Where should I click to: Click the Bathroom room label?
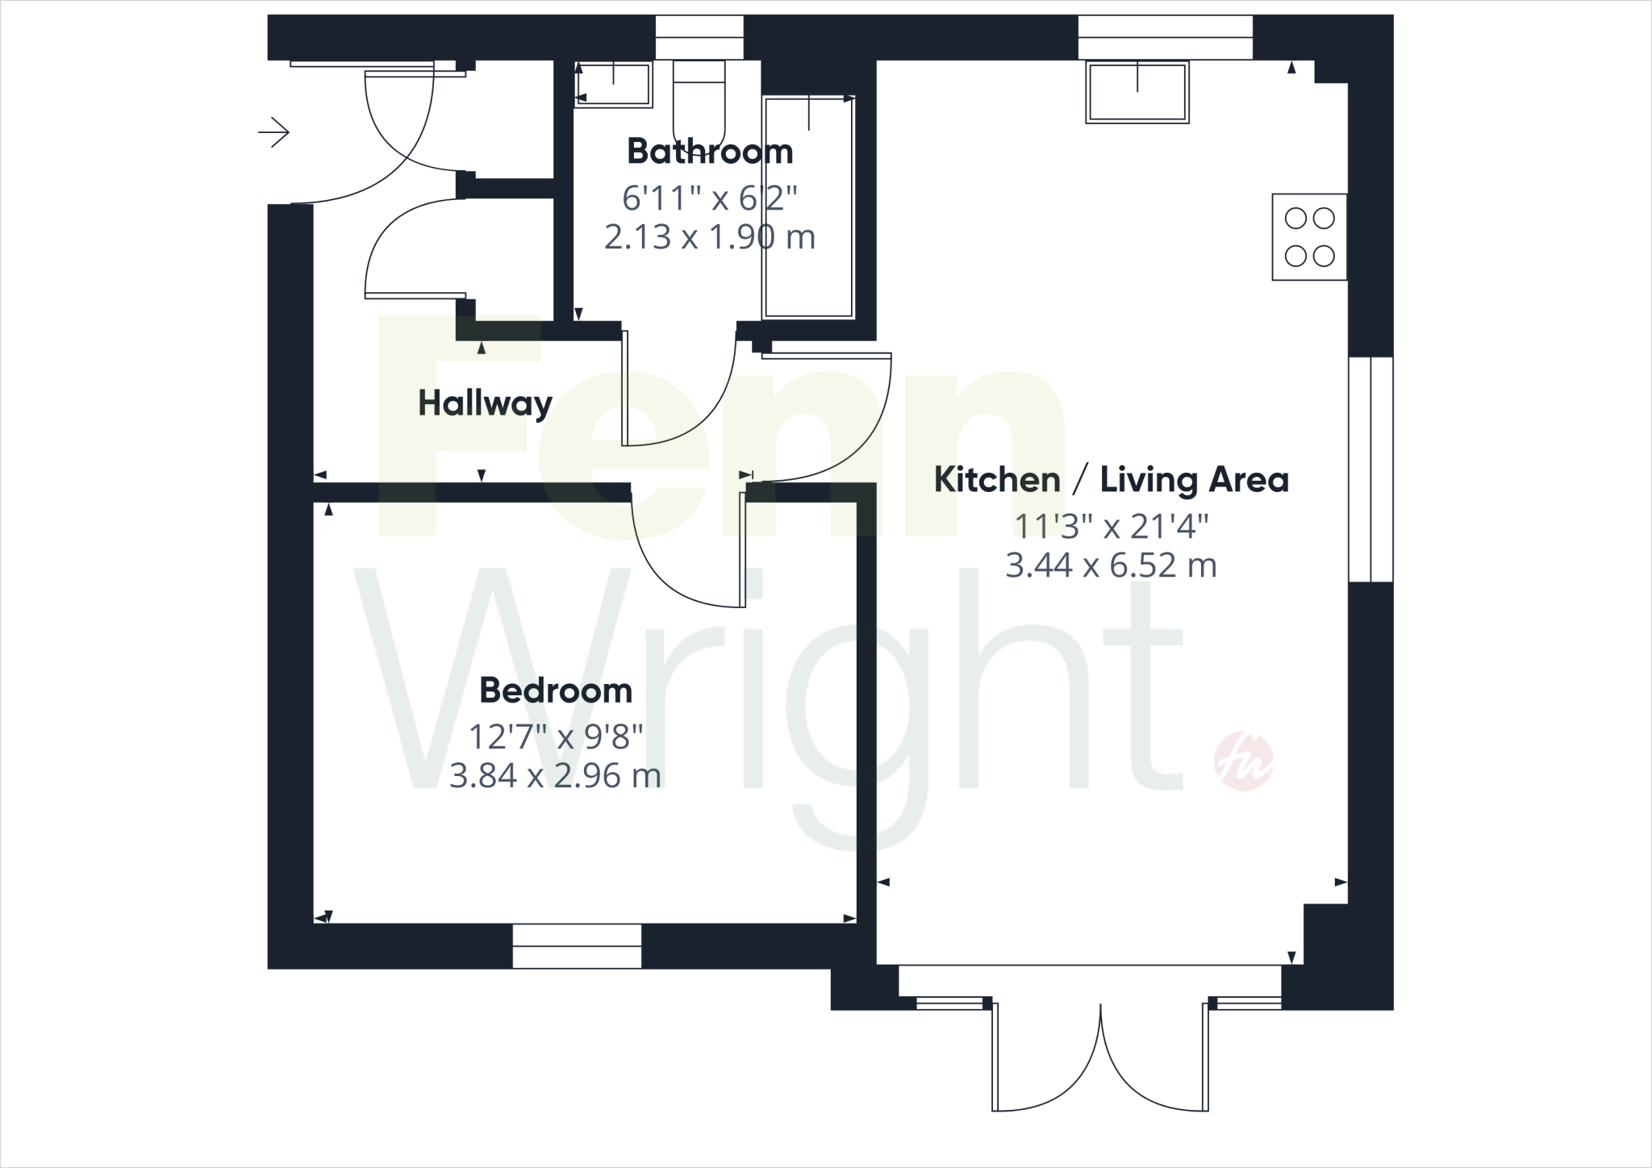[710, 152]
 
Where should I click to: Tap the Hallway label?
[485, 403]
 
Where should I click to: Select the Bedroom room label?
[556, 691]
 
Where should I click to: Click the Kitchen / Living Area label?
[1111, 481]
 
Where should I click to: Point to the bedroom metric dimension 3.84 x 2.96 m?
[555, 776]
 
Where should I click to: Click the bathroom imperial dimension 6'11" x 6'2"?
[710, 197]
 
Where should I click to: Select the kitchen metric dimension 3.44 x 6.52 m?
[1111, 565]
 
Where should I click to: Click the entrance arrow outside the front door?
[274, 132]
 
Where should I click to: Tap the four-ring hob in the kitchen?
[1309, 237]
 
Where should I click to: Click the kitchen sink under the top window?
[1137, 92]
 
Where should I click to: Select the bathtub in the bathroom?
[809, 206]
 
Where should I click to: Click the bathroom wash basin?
[614, 84]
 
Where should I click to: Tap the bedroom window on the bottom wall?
[577, 946]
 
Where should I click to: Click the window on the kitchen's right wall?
[1371, 469]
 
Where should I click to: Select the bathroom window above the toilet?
[699, 37]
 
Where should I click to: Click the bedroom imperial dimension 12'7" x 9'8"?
[556, 736]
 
